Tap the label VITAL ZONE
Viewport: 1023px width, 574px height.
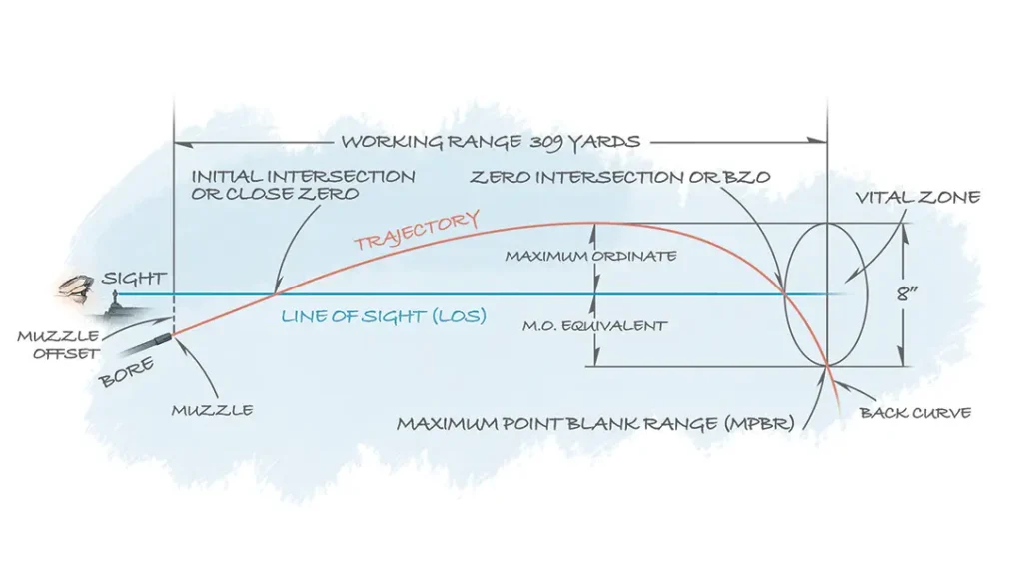[916, 199]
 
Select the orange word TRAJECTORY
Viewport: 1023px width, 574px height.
[416, 231]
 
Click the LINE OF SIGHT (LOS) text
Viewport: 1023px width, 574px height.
[383, 317]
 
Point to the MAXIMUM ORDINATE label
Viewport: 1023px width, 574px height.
[589, 257]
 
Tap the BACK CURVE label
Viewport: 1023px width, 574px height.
[915, 413]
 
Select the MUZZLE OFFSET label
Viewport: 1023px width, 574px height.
[57, 345]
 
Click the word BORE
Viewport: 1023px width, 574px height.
[126, 374]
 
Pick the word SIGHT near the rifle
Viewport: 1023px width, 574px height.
[133, 280]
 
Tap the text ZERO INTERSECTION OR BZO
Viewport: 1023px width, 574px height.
[620, 177]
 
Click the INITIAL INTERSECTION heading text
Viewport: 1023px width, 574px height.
[303, 177]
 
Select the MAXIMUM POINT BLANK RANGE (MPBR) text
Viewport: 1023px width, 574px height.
[595, 424]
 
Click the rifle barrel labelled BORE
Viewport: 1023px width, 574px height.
[140, 348]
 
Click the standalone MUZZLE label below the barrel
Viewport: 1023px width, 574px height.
[212, 410]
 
